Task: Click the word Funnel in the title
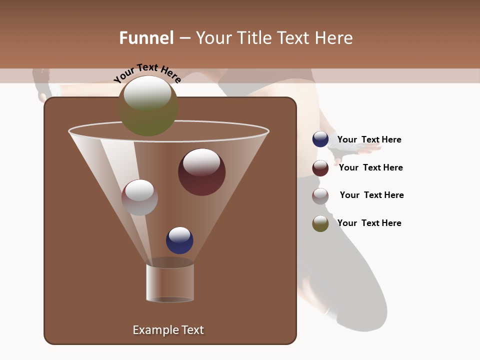click(146, 38)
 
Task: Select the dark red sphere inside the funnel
click(201, 172)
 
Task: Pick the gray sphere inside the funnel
click(139, 197)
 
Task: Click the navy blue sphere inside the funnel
click(179, 240)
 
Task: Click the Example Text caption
click(168, 330)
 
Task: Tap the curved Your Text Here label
click(147, 73)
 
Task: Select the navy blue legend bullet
click(320, 139)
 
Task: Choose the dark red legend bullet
click(320, 168)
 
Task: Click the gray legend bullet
click(320, 196)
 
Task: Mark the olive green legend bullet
click(320, 223)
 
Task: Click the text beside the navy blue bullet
click(369, 140)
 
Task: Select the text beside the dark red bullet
click(370, 168)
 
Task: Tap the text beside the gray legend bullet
click(371, 195)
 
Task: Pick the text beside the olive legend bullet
click(369, 223)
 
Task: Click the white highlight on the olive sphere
click(147, 93)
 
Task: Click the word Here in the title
click(334, 38)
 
